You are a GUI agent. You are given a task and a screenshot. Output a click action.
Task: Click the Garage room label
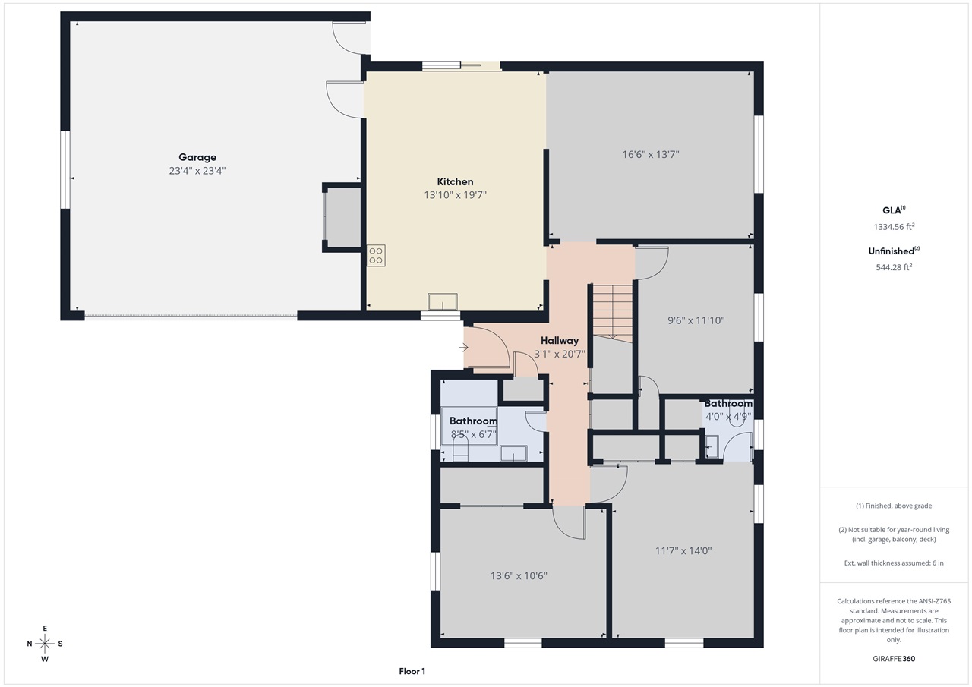click(197, 158)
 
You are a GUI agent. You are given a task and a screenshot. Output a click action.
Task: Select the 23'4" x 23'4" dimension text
click(197, 172)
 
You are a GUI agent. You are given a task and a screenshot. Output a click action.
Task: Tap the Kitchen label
click(455, 181)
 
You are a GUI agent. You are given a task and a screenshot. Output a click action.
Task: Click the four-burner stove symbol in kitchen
click(376, 255)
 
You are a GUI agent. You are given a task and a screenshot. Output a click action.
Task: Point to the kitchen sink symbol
click(443, 302)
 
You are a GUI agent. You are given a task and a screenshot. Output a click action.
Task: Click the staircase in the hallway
click(612, 311)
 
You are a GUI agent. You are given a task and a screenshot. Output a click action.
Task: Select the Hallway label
click(560, 341)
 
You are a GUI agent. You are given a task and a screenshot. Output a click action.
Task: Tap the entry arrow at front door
click(464, 348)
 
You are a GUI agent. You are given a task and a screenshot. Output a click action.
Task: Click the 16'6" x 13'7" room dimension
click(650, 154)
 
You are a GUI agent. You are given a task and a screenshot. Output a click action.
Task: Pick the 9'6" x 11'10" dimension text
click(696, 320)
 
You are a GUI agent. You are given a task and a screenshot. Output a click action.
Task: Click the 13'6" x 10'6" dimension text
click(519, 576)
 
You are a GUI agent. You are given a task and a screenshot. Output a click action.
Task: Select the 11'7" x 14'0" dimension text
click(683, 551)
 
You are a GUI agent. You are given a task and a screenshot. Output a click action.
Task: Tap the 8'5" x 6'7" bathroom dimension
click(473, 435)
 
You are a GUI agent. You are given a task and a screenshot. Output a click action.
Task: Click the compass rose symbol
click(45, 644)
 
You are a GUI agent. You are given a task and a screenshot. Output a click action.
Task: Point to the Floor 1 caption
click(412, 671)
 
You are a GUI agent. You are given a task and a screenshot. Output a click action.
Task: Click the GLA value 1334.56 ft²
click(893, 226)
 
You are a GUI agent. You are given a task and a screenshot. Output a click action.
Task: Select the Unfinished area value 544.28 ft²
click(893, 266)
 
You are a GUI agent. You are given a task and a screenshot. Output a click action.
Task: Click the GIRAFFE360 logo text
click(893, 659)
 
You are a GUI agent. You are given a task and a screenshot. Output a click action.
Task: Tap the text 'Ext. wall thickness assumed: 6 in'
click(894, 563)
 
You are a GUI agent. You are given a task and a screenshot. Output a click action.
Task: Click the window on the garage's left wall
click(65, 169)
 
